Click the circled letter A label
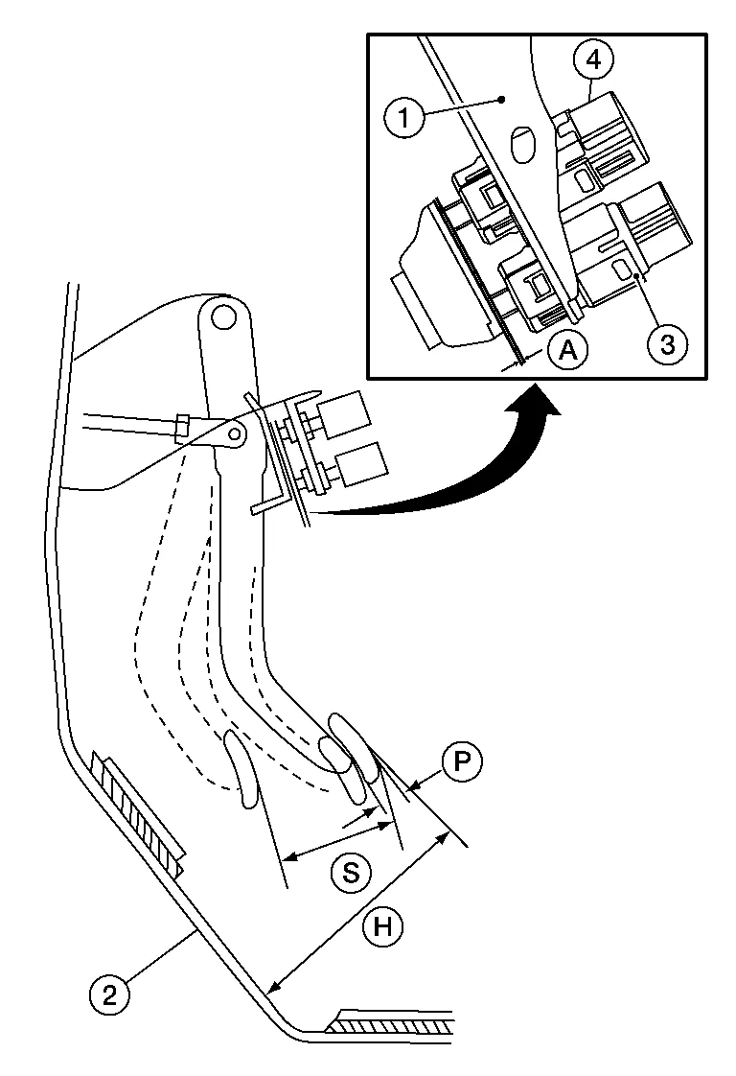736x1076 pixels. tap(568, 351)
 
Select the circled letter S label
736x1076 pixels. tap(351, 873)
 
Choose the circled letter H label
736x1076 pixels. tap(382, 927)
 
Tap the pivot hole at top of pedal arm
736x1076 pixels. tap(223, 315)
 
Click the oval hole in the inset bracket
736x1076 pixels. tap(522, 144)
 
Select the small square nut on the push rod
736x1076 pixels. tap(182, 424)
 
